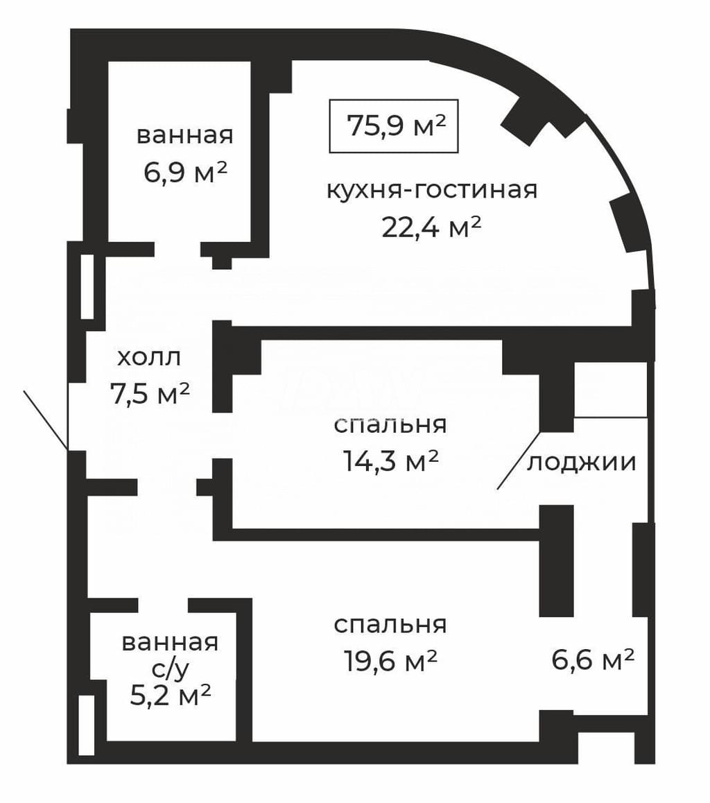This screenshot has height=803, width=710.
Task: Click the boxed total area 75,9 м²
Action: click(x=393, y=126)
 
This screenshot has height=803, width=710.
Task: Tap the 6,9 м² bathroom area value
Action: click(x=185, y=173)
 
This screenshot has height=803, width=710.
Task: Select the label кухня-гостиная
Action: click(x=432, y=191)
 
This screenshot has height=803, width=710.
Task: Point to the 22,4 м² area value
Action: click(x=431, y=227)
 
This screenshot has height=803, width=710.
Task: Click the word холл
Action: click(x=149, y=357)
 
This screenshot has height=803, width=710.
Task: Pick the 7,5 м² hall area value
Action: click(x=150, y=393)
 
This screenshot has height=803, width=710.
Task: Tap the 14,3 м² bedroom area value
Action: click(x=390, y=460)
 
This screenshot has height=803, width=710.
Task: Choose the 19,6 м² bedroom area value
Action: click(x=390, y=661)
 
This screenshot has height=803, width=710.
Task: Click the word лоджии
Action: click(x=582, y=463)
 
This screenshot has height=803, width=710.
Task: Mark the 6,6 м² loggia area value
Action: click(x=593, y=659)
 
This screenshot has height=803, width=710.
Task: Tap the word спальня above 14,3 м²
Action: click(x=390, y=425)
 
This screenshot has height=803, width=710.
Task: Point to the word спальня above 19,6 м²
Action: click(x=390, y=625)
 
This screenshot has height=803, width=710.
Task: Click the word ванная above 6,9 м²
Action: click(x=185, y=136)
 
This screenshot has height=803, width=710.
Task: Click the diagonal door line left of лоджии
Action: click(x=519, y=460)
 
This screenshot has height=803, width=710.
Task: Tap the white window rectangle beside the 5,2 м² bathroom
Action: click(x=87, y=725)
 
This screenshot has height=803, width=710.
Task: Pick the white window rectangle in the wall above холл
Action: click(x=87, y=287)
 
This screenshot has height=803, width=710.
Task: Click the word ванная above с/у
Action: click(x=170, y=642)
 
